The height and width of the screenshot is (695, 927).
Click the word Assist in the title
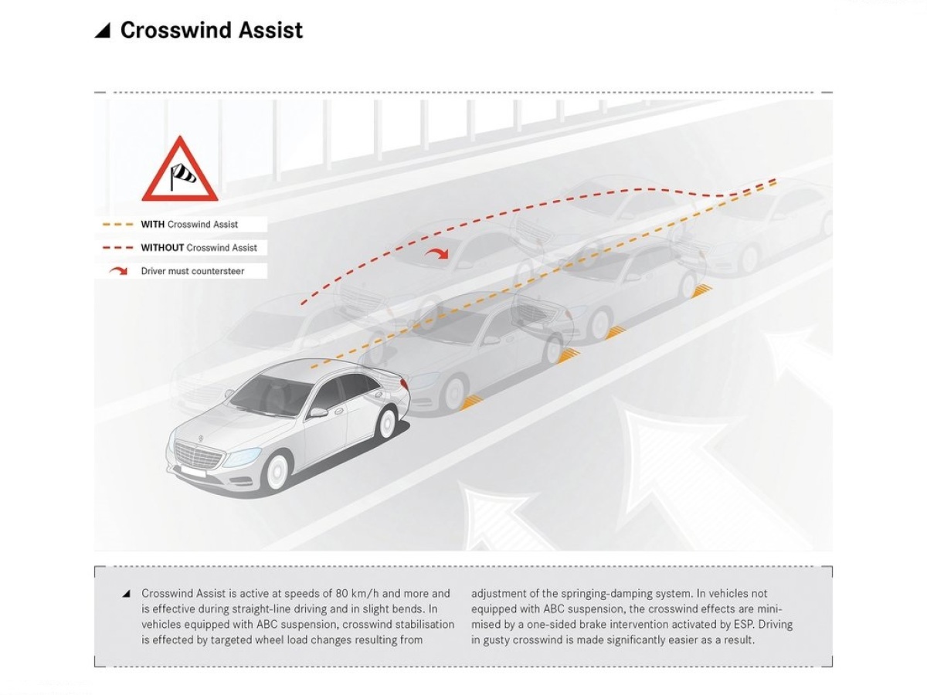coord(270,30)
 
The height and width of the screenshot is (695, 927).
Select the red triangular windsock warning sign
coord(180,169)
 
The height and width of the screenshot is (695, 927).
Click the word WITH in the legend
coord(152,225)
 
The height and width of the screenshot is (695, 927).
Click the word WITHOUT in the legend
coord(162,248)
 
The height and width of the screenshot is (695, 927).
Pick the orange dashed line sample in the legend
coord(118,225)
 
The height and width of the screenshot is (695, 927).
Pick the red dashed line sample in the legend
coord(118,248)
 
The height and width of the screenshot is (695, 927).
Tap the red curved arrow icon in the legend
coord(118,271)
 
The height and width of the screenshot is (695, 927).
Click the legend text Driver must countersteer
coord(192,271)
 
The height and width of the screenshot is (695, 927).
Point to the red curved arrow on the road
coord(436,253)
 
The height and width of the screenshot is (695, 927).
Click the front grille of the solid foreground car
coord(199,453)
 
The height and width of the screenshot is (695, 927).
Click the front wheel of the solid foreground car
coord(277,472)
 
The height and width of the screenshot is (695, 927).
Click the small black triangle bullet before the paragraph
coord(126,594)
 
